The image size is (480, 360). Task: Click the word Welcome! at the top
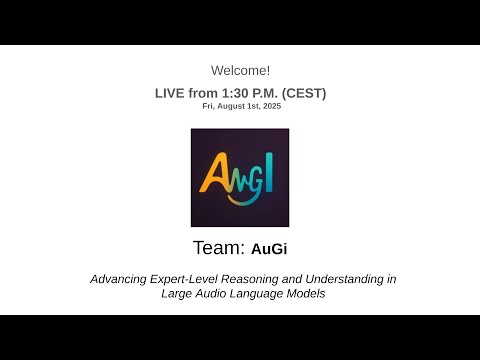click(240, 70)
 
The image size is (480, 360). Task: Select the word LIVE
click(170, 93)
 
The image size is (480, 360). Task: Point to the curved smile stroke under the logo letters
click(242, 197)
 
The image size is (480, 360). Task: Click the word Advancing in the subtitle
click(117, 279)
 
